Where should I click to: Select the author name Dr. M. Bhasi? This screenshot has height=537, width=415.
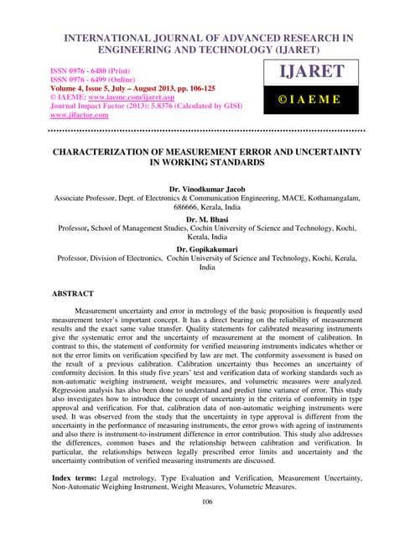207,216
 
